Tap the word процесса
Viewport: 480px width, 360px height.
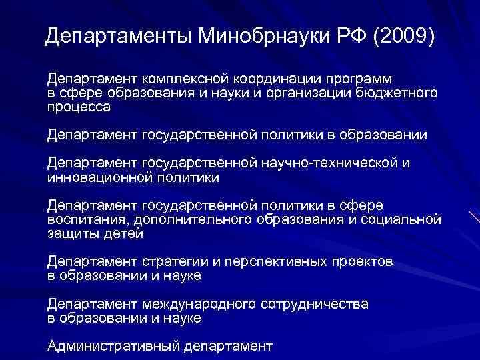(79, 106)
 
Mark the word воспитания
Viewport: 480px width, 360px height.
(86, 220)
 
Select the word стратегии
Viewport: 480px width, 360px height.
(173, 262)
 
